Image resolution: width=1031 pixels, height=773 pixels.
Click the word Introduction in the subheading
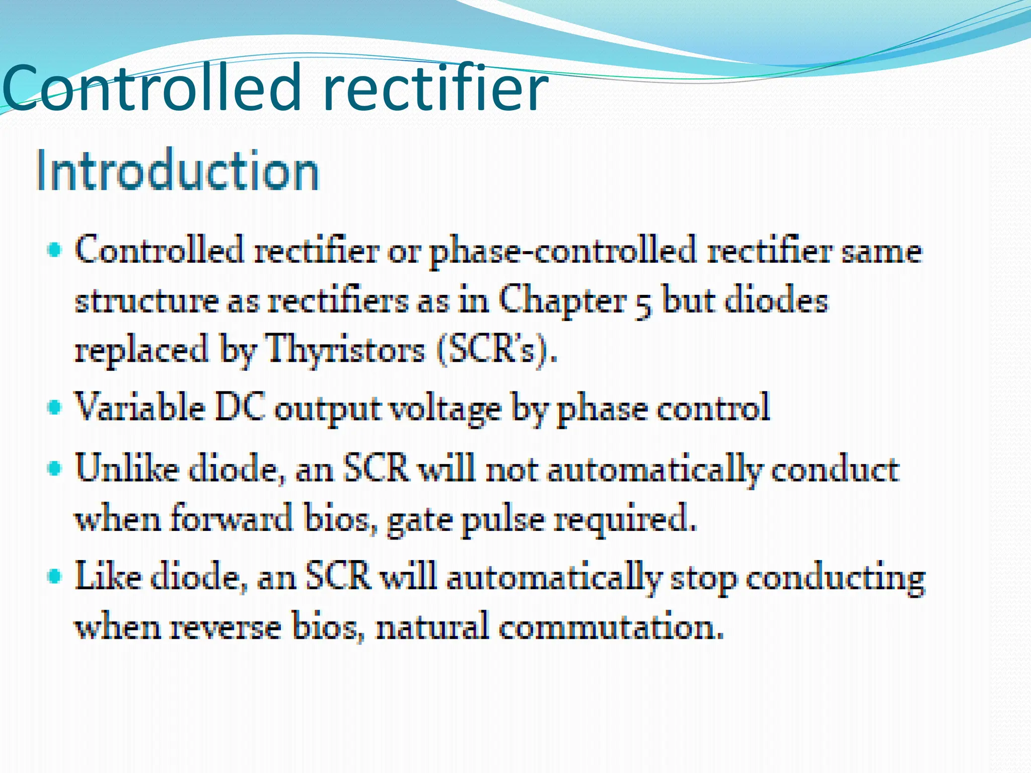pos(177,170)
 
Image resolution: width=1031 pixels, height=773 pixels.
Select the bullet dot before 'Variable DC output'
pos(54,407)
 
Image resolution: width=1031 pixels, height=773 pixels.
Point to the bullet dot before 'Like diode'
pos(54,576)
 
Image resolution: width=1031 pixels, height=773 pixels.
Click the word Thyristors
pos(345,349)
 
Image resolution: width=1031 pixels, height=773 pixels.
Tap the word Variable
pos(140,407)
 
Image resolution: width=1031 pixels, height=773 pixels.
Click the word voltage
pos(446,409)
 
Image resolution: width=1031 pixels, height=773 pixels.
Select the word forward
pos(232,518)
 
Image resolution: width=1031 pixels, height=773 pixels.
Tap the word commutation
pos(611,627)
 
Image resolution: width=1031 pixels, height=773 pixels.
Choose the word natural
pos(432,627)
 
